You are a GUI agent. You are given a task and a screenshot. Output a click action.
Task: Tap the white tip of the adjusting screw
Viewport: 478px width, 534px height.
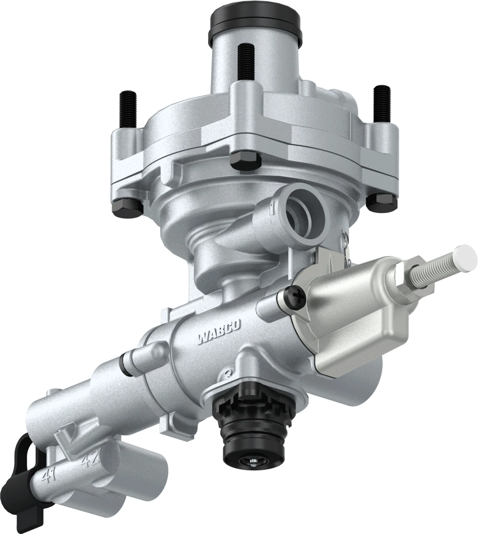pos(467,256)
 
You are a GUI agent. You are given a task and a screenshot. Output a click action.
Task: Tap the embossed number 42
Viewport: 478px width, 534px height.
pos(90,460)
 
